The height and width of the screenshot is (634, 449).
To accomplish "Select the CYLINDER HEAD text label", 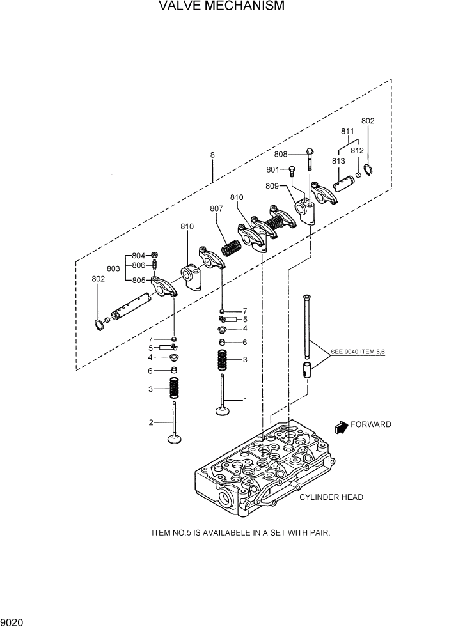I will pyautogui.click(x=331, y=497).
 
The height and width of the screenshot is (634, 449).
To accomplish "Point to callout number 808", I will pyautogui.click(x=281, y=154).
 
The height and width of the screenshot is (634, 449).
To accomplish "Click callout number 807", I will pyautogui.click(x=216, y=208).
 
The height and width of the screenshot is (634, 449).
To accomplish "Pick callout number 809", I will pyautogui.click(x=272, y=186).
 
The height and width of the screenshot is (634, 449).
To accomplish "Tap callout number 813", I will pyautogui.click(x=338, y=162).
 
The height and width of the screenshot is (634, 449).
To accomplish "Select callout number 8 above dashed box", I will pyautogui.click(x=212, y=155).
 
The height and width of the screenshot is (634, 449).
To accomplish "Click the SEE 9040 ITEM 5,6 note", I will pyautogui.click(x=359, y=352).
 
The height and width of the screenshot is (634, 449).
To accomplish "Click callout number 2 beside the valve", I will pyautogui.click(x=151, y=422).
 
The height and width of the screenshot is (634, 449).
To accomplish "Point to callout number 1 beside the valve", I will pyautogui.click(x=244, y=400).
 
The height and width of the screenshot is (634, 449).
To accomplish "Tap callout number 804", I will pyautogui.click(x=138, y=256).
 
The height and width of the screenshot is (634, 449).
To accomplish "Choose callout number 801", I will pyautogui.click(x=274, y=170).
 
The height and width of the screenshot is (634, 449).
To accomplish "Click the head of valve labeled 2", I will pyautogui.click(x=173, y=438).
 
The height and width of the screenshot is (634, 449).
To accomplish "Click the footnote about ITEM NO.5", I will pyautogui.click(x=240, y=532).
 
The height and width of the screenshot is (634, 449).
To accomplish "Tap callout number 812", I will pyautogui.click(x=357, y=151).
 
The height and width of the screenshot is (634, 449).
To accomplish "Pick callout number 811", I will pyautogui.click(x=347, y=132).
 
